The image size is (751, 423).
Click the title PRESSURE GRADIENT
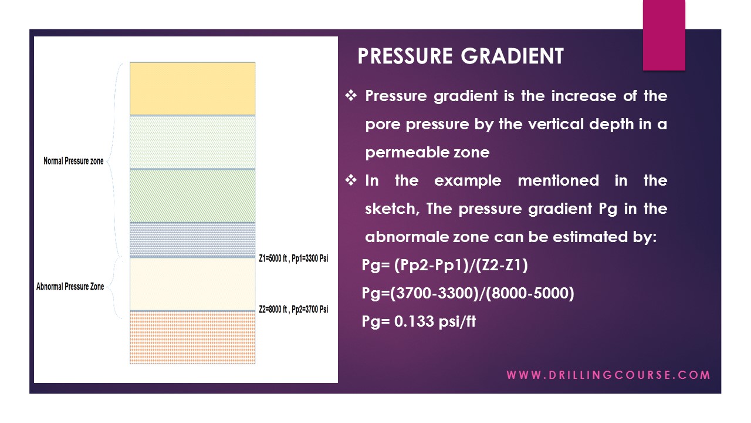point(461,56)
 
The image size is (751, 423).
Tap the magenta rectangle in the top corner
point(664,35)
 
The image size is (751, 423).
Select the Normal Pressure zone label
point(73,160)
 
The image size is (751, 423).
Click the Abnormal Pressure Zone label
point(70,287)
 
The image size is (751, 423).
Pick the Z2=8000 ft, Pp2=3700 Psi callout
point(293,309)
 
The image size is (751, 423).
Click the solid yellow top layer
point(192,88)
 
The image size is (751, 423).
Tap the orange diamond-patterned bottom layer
point(192,338)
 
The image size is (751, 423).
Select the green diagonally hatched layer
point(192,196)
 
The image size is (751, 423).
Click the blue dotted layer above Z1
point(192,239)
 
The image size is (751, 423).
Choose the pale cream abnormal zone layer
point(192,284)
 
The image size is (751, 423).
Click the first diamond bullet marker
point(351,95)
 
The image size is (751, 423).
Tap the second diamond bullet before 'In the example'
point(351,180)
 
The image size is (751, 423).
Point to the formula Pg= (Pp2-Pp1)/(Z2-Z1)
point(445,266)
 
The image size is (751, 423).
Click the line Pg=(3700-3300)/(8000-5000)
point(468,293)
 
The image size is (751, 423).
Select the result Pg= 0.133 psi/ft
point(419,321)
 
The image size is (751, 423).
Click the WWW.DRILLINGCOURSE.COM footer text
point(608,375)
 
